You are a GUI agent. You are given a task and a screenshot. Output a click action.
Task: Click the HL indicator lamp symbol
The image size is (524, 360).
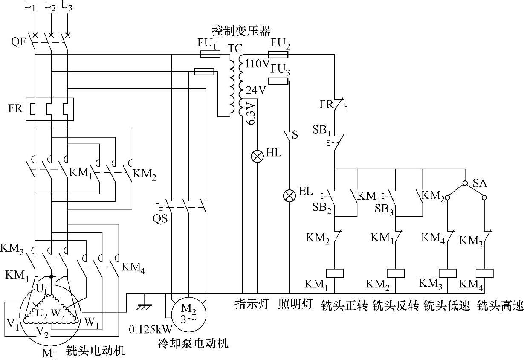[257, 156]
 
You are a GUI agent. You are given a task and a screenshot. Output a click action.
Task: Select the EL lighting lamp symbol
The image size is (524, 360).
[290, 195]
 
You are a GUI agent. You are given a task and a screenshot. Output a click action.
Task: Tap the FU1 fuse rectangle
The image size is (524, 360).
[210, 54]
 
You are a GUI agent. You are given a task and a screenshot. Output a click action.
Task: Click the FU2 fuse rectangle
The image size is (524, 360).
[279, 54]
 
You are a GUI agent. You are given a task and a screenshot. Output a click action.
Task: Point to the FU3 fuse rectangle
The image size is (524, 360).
[278, 81]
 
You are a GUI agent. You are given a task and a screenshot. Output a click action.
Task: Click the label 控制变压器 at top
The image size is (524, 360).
[241, 31]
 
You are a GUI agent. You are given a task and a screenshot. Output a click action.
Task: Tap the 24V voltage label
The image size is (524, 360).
[256, 90]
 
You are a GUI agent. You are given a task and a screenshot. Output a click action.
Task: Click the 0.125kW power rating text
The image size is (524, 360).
[151, 329]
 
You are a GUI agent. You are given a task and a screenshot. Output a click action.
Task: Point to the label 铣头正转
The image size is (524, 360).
[344, 305]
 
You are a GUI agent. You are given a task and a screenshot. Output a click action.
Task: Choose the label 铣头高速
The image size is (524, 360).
[500, 305]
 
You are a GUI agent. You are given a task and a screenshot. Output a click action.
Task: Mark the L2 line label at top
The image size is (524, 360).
[51, 6]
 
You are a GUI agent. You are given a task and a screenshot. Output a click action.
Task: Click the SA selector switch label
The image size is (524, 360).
[480, 183]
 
